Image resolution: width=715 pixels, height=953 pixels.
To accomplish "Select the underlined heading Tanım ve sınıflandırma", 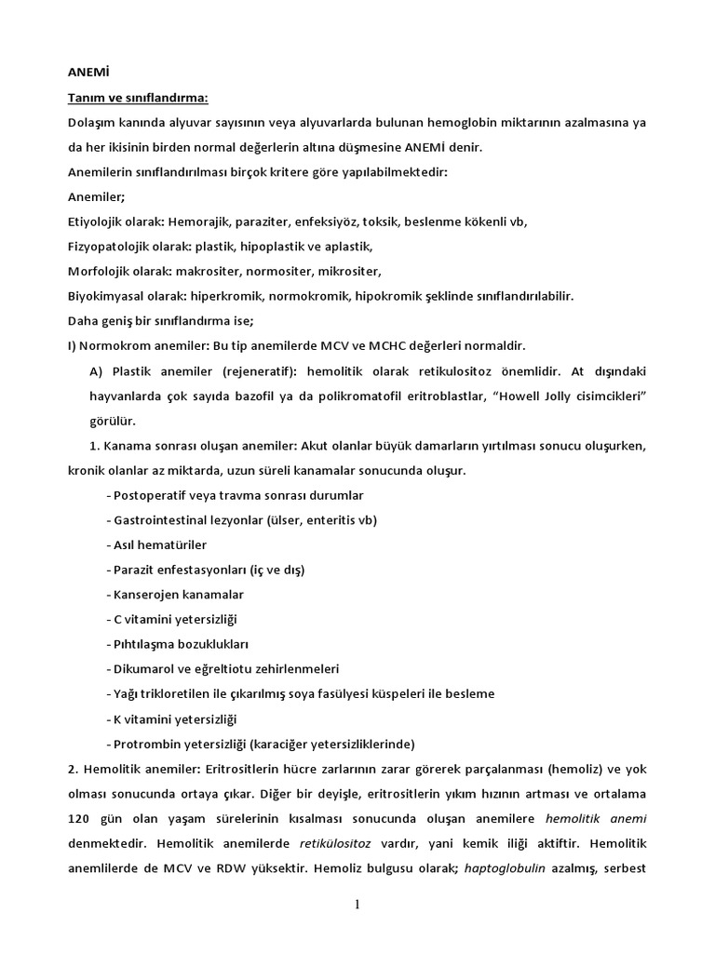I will point(138,98).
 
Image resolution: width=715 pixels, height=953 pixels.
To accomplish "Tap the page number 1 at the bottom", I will point(357,904).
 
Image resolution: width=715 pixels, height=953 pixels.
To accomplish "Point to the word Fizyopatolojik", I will point(111,246).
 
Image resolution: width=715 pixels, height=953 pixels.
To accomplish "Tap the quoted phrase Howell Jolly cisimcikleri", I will point(558,396).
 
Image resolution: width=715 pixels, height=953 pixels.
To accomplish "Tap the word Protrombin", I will point(146,745).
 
